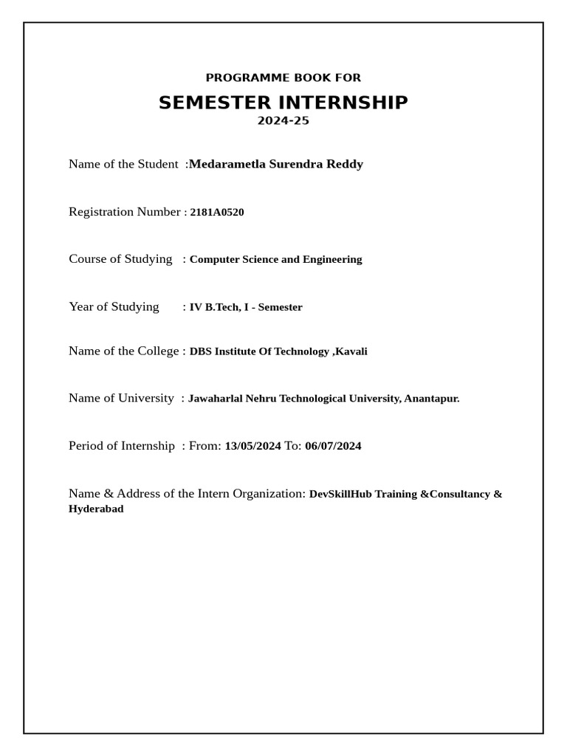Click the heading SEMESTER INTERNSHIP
(x=283, y=103)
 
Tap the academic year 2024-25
(x=283, y=121)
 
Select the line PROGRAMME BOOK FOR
(x=283, y=78)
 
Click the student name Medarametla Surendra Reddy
(x=276, y=164)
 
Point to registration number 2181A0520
(x=217, y=213)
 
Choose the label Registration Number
(x=125, y=212)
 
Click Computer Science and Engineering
(x=276, y=260)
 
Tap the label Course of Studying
(x=120, y=259)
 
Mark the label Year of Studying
(x=114, y=306)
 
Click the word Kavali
(x=351, y=351)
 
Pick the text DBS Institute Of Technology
(x=260, y=351)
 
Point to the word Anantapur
(x=431, y=399)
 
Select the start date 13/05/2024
(x=252, y=446)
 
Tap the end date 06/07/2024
(x=333, y=446)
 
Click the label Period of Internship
(x=122, y=446)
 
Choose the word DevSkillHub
(x=340, y=494)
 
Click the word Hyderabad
(x=96, y=509)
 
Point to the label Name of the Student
(x=123, y=164)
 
